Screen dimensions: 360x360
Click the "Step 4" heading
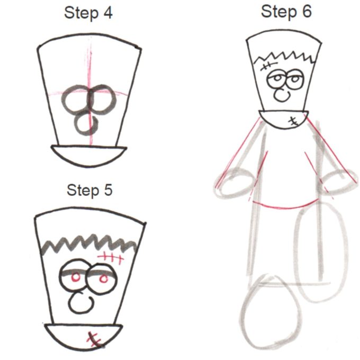point(88,13)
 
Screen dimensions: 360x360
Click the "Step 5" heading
point(89,190)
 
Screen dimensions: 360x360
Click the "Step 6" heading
point(286,11)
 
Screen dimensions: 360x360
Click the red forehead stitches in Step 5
point(112,258)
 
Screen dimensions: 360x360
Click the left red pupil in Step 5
point(75,276)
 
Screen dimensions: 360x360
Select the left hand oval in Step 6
point(233,183)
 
